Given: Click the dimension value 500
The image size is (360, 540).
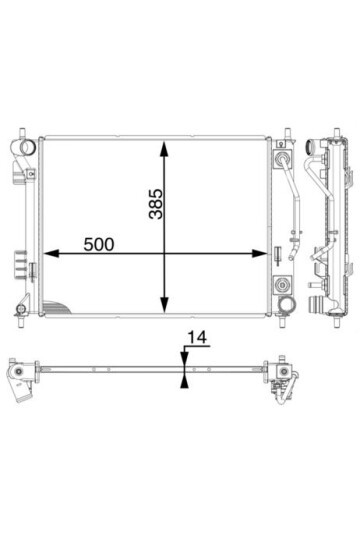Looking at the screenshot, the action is [99, 245].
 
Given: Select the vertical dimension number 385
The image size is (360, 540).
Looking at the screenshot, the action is [156, 204].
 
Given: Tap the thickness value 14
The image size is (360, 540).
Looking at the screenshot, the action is [197, 338].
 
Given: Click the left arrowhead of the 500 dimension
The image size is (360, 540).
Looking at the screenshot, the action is [50, 254].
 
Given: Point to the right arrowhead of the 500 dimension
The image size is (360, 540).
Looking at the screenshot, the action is [260, 254].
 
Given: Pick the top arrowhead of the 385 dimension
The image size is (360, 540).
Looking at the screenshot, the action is [165, 148].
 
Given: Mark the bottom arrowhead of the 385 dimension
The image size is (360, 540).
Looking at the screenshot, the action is [165, 305].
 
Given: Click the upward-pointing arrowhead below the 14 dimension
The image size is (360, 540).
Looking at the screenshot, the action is [185, 381].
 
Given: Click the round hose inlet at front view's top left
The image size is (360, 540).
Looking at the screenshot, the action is [27, 147].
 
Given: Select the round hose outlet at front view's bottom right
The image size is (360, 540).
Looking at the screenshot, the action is [287, 304].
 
